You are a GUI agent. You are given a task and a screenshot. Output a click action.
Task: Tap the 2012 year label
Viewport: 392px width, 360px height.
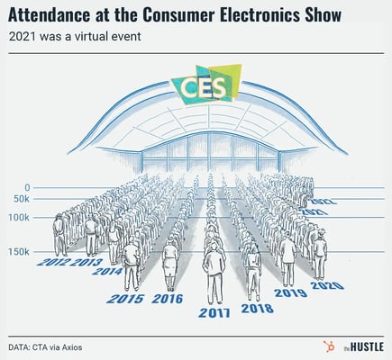pyautogui.click(x=55, y=263)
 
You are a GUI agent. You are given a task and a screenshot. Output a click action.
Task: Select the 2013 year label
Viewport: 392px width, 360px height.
pyautogui.click(x=87, y=263)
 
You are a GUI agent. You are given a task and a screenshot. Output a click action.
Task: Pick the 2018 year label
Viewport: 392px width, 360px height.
pyautogui.click(x=257, y=308)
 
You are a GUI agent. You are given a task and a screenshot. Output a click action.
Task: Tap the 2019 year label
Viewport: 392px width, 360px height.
pyautogui.click(x=290, y=292)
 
